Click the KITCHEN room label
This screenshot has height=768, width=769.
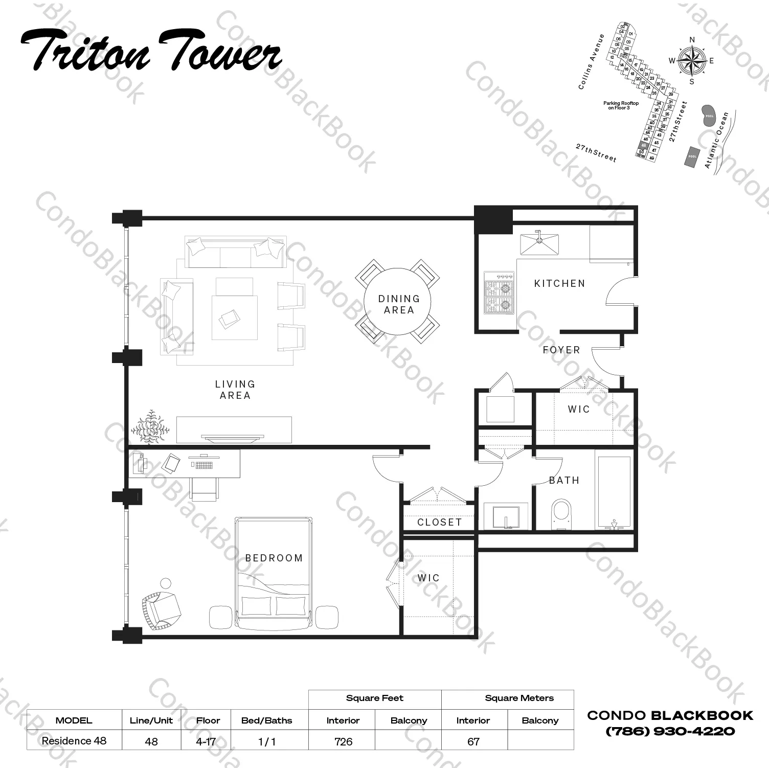[x=559, y=283]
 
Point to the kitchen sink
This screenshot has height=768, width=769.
[x=539, y=244]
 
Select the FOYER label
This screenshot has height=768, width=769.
[x=561, y=350]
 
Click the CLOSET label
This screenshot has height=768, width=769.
[x=439, y=522]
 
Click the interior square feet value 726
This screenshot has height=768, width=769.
[x=343, y=741]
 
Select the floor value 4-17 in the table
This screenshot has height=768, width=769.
[x=206, y=741]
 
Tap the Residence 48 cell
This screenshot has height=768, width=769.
[x=74, y=741]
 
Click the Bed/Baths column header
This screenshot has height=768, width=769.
[x=266, y=720]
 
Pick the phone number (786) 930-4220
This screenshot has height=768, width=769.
[x=670, y=731]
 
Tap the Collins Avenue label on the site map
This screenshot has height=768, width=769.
[x=592, y=61]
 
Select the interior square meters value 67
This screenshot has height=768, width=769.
[x=473, y=741]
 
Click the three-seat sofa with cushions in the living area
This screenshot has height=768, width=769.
[x=235, y=253]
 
